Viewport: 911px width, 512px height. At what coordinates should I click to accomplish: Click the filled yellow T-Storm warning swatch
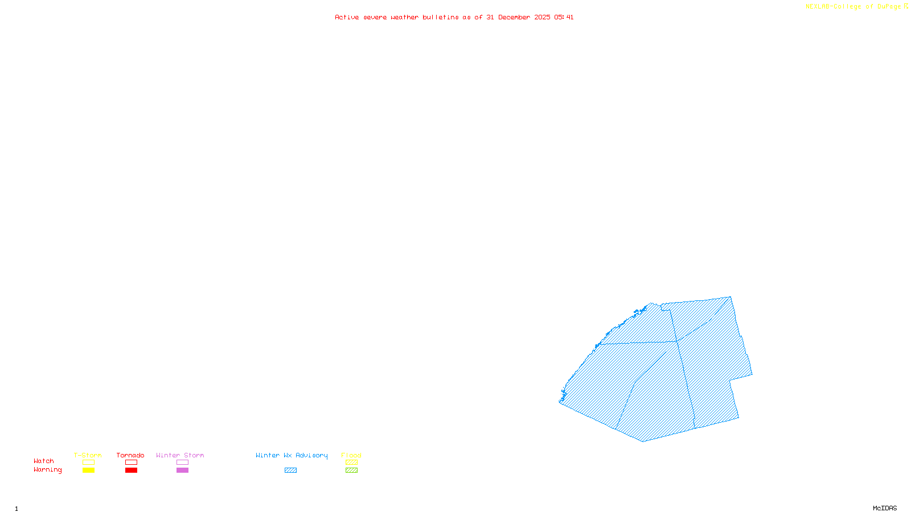pos(88,470)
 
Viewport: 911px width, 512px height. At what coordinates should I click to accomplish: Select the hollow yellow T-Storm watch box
pos(88,463)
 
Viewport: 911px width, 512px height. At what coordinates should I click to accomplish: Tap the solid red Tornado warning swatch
pos(131,470)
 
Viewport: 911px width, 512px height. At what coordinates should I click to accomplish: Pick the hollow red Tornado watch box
pos(131,463)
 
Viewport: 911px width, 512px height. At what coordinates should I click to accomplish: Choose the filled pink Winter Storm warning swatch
pos(182,470)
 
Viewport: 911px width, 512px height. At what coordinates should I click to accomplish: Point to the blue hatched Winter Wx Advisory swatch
pos(290,470)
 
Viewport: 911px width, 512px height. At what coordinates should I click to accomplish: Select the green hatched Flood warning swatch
pos(351,470)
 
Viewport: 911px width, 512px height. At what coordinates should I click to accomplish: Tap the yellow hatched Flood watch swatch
pos(351,463)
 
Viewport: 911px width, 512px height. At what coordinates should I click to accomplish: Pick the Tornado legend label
pos(130,455)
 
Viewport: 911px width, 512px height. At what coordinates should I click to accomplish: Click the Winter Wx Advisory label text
pos(292,455)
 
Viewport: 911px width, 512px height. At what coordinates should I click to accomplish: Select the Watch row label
pos(44,461)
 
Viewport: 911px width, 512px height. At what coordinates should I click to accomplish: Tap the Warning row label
pos(47,470)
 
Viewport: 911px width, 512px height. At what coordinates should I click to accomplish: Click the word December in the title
pos(514,17)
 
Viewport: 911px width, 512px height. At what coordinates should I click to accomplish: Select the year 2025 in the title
pos(542,17)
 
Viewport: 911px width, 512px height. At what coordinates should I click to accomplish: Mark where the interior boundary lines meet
pos(677,342)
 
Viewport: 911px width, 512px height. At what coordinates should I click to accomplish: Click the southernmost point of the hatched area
pos(643,441)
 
